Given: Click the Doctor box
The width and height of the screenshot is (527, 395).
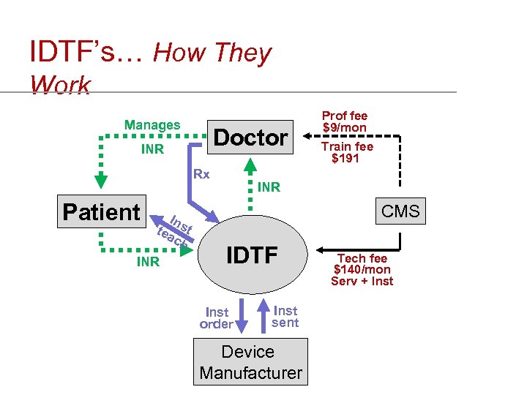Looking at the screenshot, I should pyautogui.click(x=250, y=137).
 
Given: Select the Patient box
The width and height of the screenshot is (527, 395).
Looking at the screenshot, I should pyautogui.click(x=102, y=212).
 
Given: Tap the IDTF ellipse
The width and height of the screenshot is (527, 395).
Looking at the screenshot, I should pyautogui.click(x=250, y=255).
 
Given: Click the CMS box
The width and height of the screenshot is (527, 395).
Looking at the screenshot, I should pyautogui.click(x=400, y=212).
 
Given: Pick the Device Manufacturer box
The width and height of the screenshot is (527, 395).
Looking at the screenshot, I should pyautogui.click(x=250, y=362).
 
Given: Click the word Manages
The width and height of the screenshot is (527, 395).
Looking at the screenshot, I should pyautogui.click(x=152, y=125).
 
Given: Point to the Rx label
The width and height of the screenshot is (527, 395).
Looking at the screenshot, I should pyautogui.click(x=201, y=174).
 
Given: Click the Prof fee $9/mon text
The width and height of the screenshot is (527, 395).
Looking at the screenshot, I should pyautogui.click(x=345, y=121).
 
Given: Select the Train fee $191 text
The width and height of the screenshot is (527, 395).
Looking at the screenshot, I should pyautogui.click(x=345, y=152).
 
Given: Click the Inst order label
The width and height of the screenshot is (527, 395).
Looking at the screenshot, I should pyautogui.click(x=217, y=317).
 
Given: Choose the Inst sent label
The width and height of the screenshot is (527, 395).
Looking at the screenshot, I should pyautogui.click(x=285, y=316).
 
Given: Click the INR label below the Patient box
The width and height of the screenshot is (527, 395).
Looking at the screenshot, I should pyautogui.click(x=148, y=261).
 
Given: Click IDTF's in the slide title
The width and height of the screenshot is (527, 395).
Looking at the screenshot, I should pyautogui.click(x=85, y=52).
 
